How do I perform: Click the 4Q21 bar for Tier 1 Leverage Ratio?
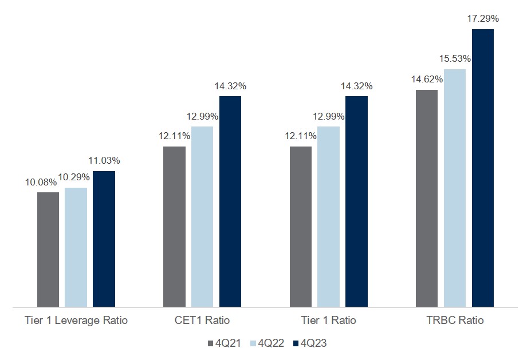point(48,250)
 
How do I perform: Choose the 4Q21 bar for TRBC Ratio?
point(427,198)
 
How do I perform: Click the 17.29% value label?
point(483,19)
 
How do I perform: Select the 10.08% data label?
point(41,183)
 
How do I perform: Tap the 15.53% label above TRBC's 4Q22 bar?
point(455,58)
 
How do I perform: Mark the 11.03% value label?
point(104,160)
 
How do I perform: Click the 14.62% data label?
point(427,80)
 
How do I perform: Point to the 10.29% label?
point(76,178)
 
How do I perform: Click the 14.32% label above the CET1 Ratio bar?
point(230,86)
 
